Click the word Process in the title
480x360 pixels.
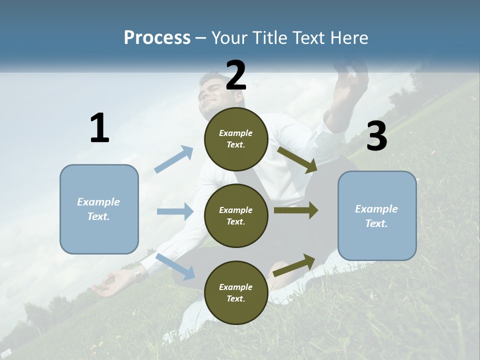tap(157, 38)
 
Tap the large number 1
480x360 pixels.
tap(99, 128)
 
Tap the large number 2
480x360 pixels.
tap(236, 75)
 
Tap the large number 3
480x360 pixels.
tap(376, 136)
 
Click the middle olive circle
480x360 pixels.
tap(236, 215)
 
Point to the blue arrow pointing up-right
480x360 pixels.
tap(174, 159)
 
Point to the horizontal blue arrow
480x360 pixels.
tap(175, 211)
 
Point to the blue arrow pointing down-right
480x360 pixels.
tap(175, 266)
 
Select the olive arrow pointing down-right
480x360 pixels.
tap(297, 159)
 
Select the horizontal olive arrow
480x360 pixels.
tap(296, 210)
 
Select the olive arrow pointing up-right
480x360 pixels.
tap(294, 265)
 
